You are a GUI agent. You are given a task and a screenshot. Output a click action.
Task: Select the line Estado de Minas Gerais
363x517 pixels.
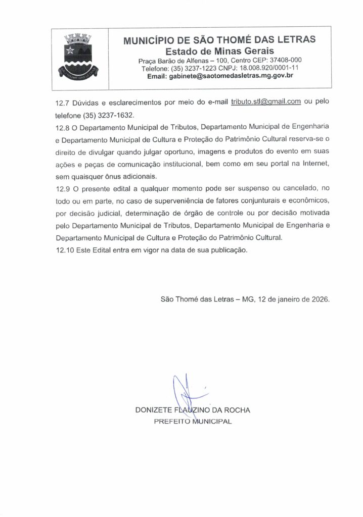[220, 51]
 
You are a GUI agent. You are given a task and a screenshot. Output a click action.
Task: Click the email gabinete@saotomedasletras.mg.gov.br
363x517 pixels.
[220, 76]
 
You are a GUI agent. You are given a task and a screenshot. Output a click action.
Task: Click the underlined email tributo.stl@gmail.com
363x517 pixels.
[266, 101]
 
